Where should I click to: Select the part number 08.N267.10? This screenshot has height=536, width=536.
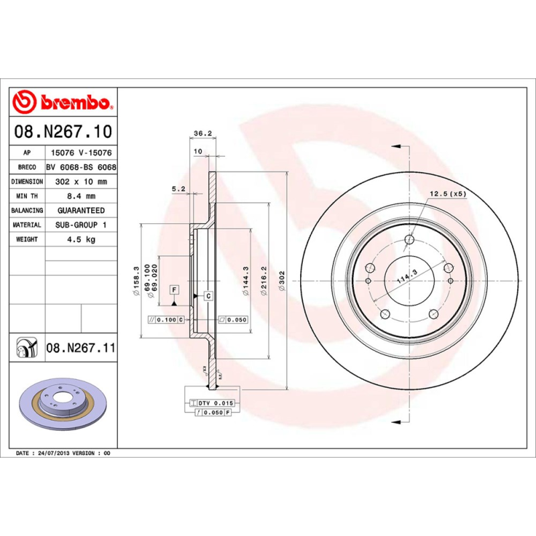click(x=62, y=132)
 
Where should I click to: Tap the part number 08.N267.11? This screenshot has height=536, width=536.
click(x=81, y=348)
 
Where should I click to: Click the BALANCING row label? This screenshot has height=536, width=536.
click(x=27, y=210)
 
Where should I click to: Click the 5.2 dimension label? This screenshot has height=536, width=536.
click(x=178, y=189)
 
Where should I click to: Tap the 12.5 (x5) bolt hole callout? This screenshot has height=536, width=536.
click(x=447, y=194)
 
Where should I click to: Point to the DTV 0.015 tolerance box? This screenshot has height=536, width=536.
click(x=215, y=403)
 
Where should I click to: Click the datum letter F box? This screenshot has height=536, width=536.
click(x=174, y=289)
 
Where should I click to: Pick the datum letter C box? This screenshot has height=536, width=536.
click(x=208, y=295)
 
